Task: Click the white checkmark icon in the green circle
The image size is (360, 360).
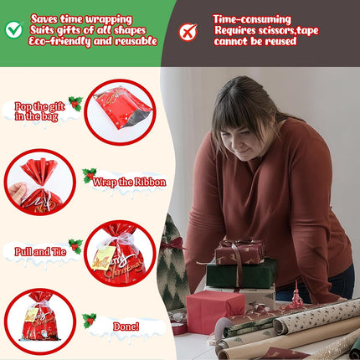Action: (x=14, y=30)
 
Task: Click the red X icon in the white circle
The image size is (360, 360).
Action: (x=188, y=33)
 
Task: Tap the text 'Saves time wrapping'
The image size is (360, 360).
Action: (x=81, y=18)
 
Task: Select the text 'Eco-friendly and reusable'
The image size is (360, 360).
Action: (x=94, y=41)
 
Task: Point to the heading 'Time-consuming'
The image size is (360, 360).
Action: (x=251, y=18)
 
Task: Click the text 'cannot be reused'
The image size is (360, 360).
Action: (x=255, y=41)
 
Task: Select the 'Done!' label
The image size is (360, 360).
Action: (x=126, y=326)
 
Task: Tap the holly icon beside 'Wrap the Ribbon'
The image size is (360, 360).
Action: (x=89, y=175)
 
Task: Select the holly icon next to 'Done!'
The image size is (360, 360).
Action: (x=89, y=320)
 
